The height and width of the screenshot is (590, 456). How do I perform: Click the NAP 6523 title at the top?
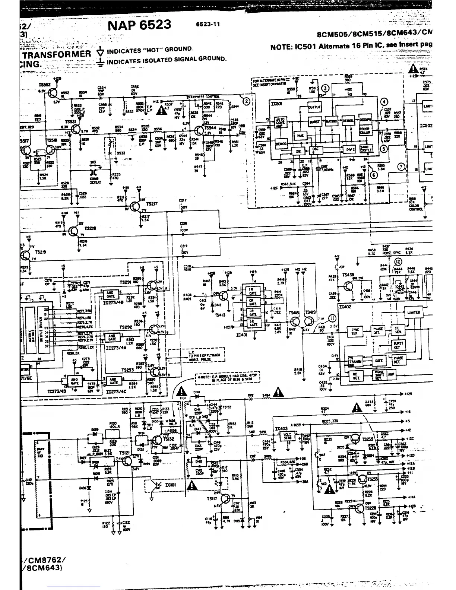click(139, 25)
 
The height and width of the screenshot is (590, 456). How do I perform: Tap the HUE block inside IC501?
click(300, 136)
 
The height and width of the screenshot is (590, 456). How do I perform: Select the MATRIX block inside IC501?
click(331, 121)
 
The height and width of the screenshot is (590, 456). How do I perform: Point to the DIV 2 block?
click(349, 149)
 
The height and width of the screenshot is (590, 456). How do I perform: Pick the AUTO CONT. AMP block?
click(280, 123)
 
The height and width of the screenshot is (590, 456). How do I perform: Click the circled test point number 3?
click(325, 88)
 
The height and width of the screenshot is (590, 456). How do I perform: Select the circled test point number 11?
click(332, 318)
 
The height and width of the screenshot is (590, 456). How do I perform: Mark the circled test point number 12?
click(398, 262)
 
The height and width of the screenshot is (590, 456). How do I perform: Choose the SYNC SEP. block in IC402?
click(354, 331)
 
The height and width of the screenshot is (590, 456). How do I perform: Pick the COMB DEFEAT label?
click(94, 179)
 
